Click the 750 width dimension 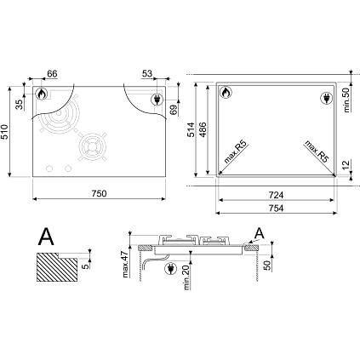(100, 193)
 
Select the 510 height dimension (5, 132)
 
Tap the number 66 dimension (52, 74)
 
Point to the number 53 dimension (147, 74)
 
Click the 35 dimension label (19, 105)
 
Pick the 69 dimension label (174, 109)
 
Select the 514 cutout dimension (191, 129)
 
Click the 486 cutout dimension (203, 129)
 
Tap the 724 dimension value (276, 195)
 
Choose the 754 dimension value (276, 209)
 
